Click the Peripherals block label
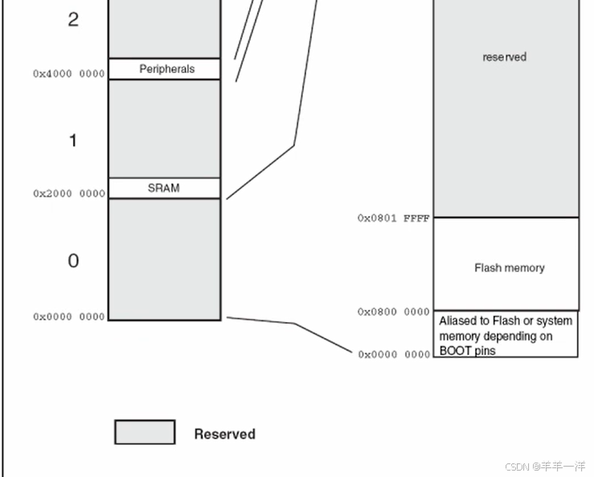[x=166, y=69]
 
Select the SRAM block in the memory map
[x=164, y=188]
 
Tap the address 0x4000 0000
[x=68, y=74]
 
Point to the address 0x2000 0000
[x=68, y=194]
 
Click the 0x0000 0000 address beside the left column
[x=68, y=317]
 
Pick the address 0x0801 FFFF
[x=393, y=218]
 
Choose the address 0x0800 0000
[x=393, y=312]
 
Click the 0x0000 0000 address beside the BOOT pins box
[x=394, y=354]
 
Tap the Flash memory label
[x=509, y=267]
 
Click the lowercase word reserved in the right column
[x=504, y=57]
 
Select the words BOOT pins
[x=467, y=351]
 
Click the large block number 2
[x=73, y=20]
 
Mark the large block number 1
[x=73, y=141]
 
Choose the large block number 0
[x=73, y=261]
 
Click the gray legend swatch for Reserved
[x=145, y=432]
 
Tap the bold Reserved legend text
[x=224, y=434]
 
